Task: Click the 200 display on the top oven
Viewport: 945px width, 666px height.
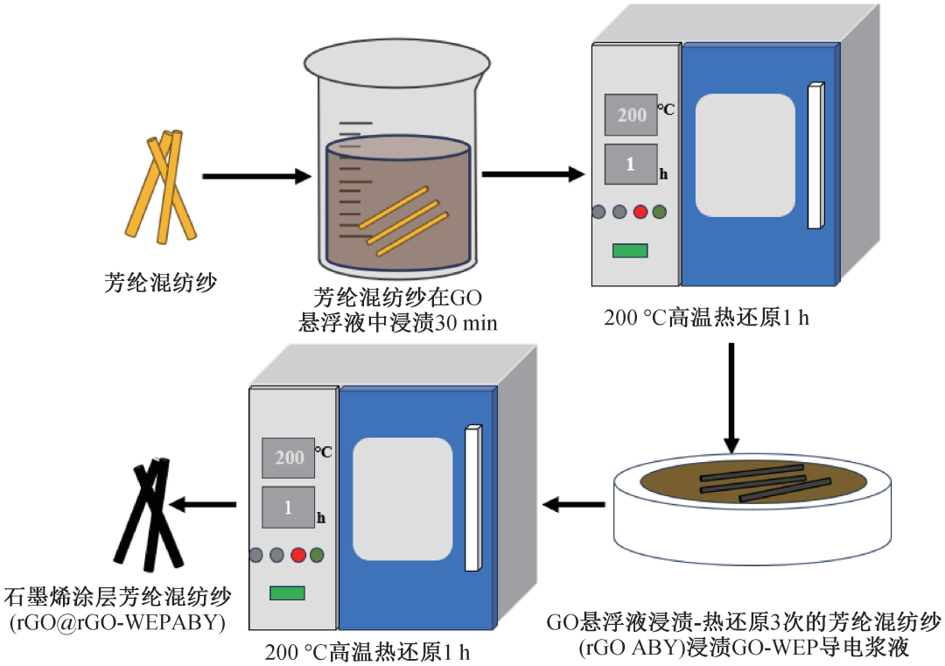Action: pos(631,115)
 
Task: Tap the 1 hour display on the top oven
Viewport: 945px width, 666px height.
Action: pos(631,164)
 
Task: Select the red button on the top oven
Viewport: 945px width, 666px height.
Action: pos(640,212)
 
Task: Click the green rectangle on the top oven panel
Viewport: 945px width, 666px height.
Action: pos(630,250)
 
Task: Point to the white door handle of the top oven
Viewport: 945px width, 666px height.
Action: pos(816,156)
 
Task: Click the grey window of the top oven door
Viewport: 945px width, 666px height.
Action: pos(745,155)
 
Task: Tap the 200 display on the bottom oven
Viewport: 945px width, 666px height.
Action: pos(289,458)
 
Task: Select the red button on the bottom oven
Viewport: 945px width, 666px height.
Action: pos(298,555)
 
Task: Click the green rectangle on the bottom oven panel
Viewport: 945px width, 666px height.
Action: pos(288,593)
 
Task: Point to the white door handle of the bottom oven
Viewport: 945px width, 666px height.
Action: pos(473,498)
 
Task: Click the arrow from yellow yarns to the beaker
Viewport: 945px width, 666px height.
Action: pos(256,177)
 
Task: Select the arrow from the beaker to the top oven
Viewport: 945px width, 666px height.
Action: pos(534,175)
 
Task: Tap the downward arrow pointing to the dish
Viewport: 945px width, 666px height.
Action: pos(731,398)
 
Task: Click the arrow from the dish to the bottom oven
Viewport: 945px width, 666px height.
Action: pos(574,504)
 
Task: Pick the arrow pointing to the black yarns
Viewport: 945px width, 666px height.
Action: pos(202,504)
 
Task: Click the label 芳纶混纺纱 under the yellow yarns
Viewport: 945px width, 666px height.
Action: pos(160,282)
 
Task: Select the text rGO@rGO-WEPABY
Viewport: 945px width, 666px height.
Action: pos(117,622)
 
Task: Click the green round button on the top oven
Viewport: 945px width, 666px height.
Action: pos(660,212)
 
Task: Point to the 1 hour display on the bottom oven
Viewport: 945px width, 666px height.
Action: pos(289,508)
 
